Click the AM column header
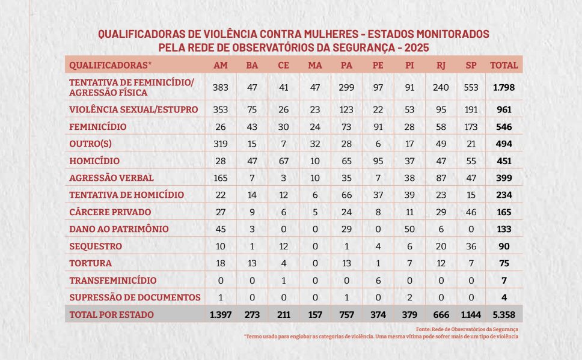click(221, 65)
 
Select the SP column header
click(471, 65)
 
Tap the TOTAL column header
click(503, 65)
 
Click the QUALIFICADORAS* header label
click(111, 65)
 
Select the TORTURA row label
click(91, 263)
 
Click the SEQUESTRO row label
click(96, 246)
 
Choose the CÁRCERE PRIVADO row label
click(110, 212)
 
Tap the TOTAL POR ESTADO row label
click(111, 314)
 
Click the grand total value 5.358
click(503, 314)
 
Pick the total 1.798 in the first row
click(503, 87)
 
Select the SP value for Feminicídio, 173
click(471, 127)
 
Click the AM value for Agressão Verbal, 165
click(221, 178)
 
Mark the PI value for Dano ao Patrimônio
click(409, 229)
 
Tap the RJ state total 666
click(441, 314)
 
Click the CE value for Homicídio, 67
click(283, 161)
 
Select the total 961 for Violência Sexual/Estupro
click(503, 110)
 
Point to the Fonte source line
click(467, 329)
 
